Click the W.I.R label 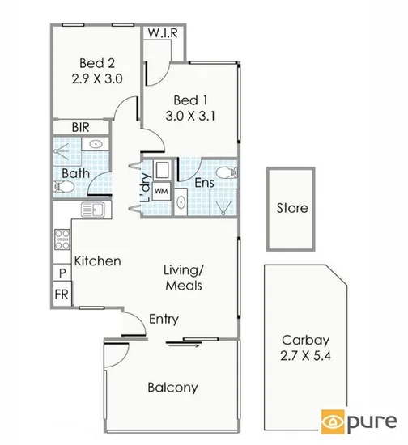[164, 34]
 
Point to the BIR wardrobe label [80, 127]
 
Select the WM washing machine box [161, 191]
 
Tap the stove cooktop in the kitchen [62, 240]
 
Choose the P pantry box [62, 273]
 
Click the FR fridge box [62, 293]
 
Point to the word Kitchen [98, 261]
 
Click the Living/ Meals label [182, 278]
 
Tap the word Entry [164, 319]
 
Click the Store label [291, 208]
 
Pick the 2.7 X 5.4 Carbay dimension [297, 355]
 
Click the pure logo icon [332, 422]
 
